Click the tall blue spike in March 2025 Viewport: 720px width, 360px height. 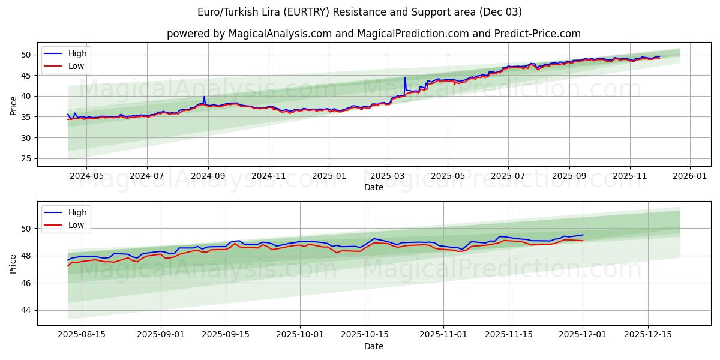point(405,78)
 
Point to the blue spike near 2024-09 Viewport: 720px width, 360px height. point(204,97)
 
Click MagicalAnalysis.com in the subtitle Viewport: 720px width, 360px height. point(280,34)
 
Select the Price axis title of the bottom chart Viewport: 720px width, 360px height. point(13,263)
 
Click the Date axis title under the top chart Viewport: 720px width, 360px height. point(373,187)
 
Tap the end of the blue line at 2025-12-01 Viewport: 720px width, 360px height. point(583,235)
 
